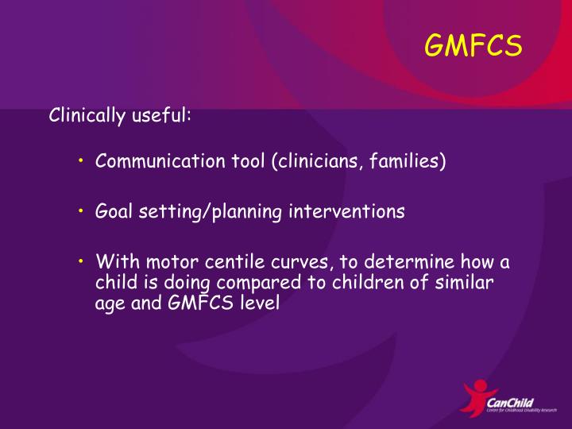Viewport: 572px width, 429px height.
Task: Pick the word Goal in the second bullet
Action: coord(112,212)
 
